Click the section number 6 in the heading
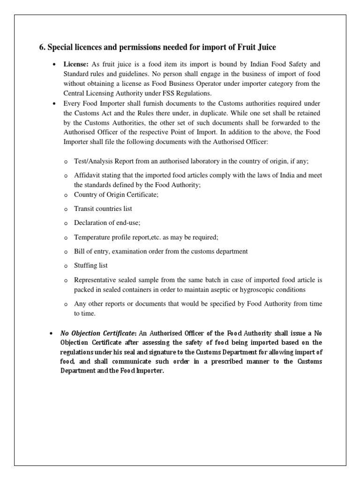41,47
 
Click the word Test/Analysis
94,161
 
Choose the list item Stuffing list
90,266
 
